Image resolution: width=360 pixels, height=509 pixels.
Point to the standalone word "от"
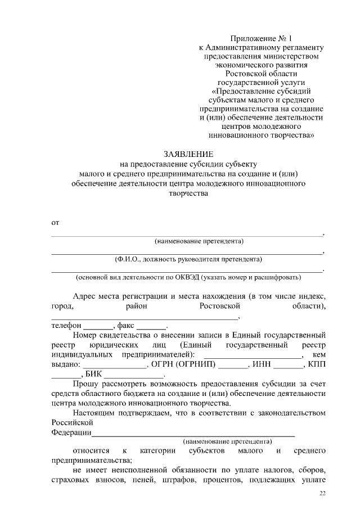(55, 223)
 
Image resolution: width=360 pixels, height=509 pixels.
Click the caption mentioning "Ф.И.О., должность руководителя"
(188, 259)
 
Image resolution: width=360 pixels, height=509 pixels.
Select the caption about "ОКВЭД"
(188, 277)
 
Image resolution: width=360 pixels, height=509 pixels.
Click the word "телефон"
(67, 326)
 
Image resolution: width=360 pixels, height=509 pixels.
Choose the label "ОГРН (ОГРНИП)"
(188, 364)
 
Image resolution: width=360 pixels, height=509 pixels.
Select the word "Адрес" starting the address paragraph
(84, 296)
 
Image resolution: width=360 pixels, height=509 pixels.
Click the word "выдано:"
(66, 364)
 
